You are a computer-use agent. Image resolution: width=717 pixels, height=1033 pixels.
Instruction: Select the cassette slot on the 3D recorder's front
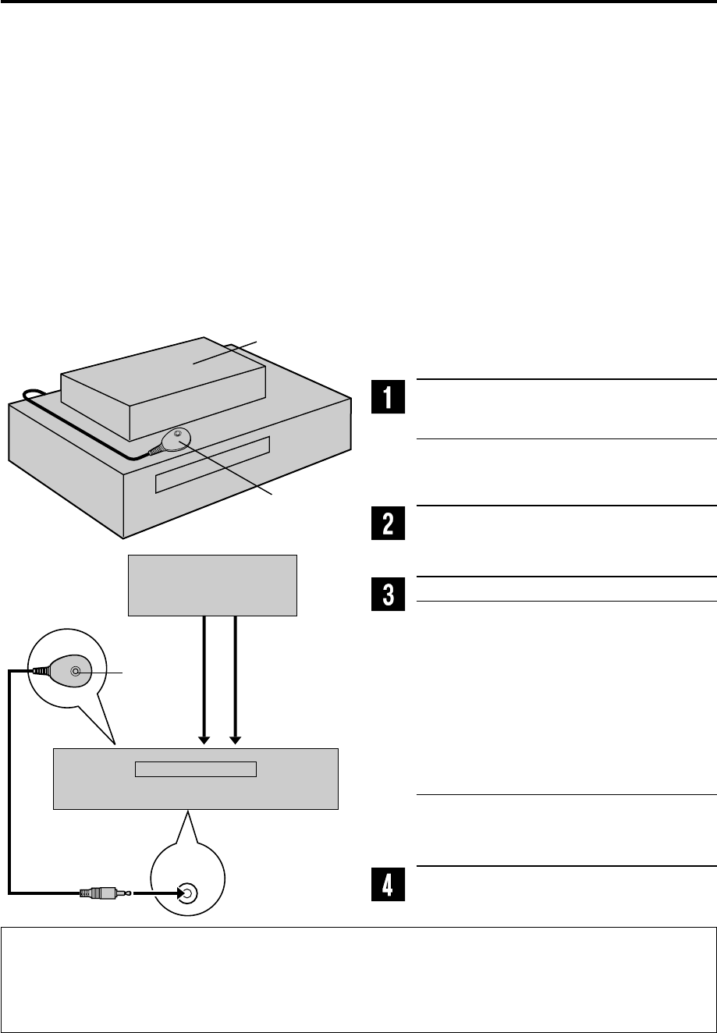tap(212, 465)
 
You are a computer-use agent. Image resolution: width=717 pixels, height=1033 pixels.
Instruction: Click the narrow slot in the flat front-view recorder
tap(195, 769)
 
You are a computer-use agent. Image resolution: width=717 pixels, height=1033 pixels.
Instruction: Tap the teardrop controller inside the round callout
tap(72, 670)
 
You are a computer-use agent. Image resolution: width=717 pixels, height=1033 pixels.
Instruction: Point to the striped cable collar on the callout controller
tap(40, 669)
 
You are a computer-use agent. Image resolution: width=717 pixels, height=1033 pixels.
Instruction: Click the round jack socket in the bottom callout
tap(186, 891)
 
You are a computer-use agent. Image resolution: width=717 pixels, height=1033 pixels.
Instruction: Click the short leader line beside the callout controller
tap(110, 670)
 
